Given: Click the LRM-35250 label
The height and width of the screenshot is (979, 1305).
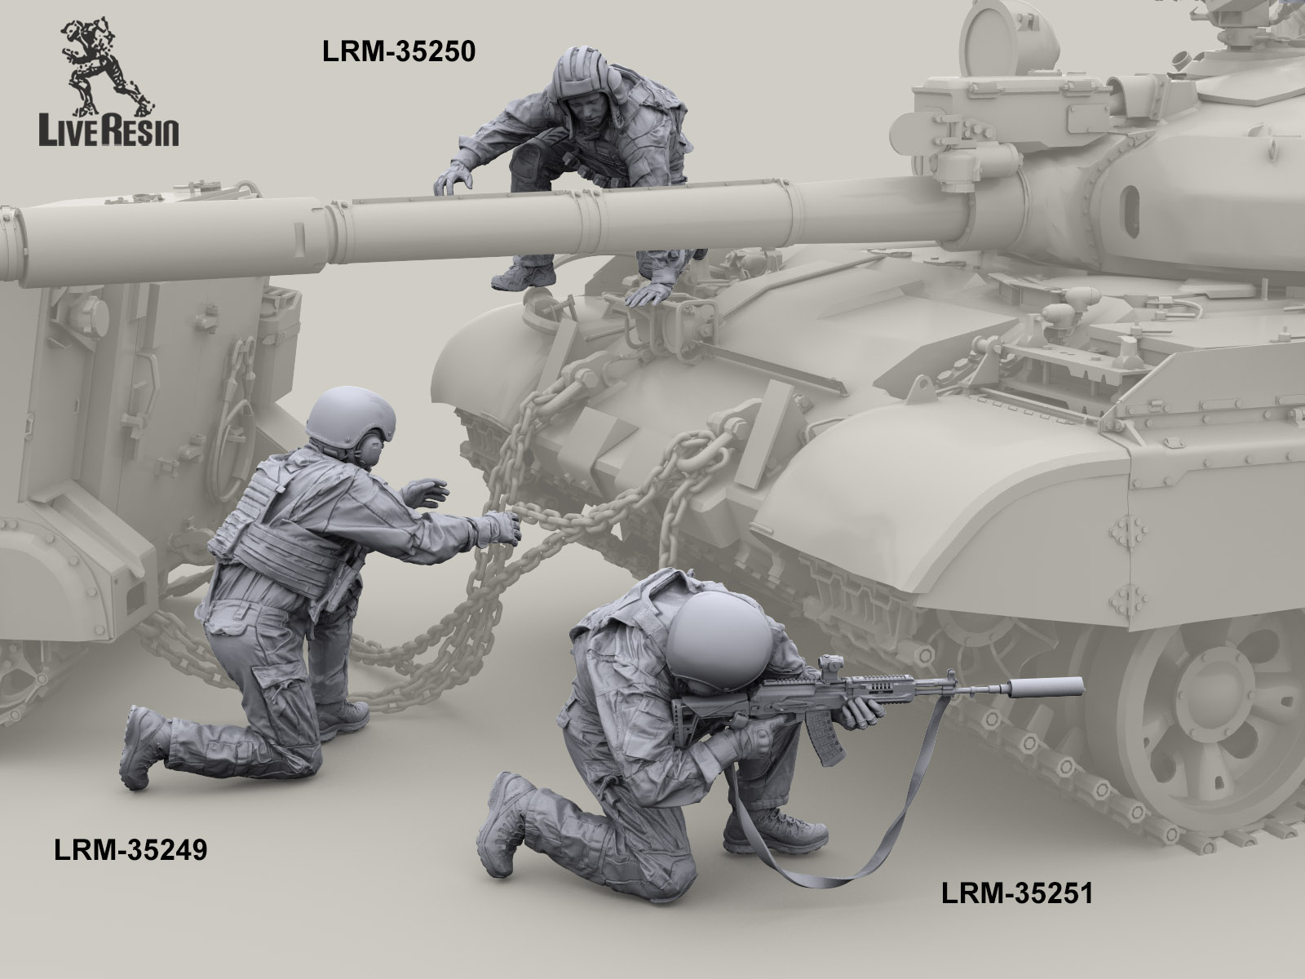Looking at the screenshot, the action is pyautogui.click(x=398, y=51).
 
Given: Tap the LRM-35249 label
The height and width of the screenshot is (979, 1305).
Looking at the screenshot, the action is pyautogui.click(x=130, y=850).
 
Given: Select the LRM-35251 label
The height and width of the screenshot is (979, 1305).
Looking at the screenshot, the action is pyautogui.click(x=1017, y=910).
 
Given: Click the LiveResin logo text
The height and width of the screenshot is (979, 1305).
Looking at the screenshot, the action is pyautogui.click(x=108, y=132).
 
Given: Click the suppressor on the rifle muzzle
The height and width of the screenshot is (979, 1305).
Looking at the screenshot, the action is pyautogui.click(x=1045, y=687).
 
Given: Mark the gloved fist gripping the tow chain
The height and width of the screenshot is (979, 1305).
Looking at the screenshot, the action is pyautogui.click(x=502, y=528).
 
